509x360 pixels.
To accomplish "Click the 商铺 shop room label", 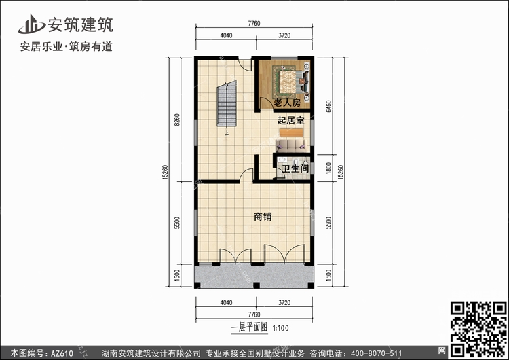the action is pyautogui.click(x=263, y=217).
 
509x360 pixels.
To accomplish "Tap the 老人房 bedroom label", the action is pyautogui.click(x=287, y=103).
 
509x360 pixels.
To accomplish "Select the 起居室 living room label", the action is pyautogui.click(x=290, y=120).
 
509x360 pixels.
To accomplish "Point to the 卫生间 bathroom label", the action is pyautogui.click(x=295, y=168).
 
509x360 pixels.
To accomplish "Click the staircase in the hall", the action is pyautogui.click(x=227, y=104).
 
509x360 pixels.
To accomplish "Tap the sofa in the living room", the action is pyautogui.click(x=291, y=145).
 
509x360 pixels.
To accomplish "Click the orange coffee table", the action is pyautogui.click(x=291, y=132).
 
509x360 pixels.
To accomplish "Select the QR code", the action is pyautogui.click(x=478, y=329).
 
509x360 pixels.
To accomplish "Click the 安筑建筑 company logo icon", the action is pyautogui.click(x=31, y=24).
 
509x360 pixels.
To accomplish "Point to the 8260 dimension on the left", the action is pyautogui.click(x=177, y=120).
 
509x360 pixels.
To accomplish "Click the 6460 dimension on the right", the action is pyautogui.click(x=328, y=106).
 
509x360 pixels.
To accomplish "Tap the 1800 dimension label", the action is pyautogui.click(x=328, y=168).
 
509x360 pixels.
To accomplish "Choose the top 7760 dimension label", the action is pyautogui.click(x=254, y=23).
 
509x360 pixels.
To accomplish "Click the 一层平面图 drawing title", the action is pyautogui.click(x=249, y=327).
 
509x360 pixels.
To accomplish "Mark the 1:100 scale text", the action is pyautogui.click(x=280, y=328).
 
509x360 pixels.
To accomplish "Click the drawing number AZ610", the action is pyautogui.click(x=62, y=353).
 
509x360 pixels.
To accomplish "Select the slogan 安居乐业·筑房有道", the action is pyautogui.click(x=67, y=46).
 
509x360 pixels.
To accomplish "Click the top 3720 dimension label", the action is pyautogui.click(x=284, y=35).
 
